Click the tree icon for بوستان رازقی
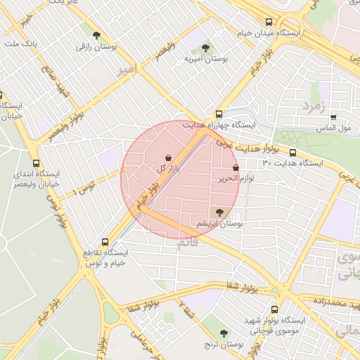pos(96,35)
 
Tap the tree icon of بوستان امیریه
pos(205,48)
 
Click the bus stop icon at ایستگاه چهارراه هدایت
pos(219,113)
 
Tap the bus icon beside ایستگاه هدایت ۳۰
pos(292,153)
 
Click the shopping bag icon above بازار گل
pos(168,157)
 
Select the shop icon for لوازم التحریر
pos(236,168)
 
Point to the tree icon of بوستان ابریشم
pos(219,212)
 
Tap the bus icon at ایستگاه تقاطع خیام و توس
pos(105,240)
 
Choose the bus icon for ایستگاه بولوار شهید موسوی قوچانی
pos(274,309)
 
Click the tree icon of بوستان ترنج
pos(224,333)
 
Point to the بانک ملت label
pos(20,44)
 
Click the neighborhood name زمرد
pos(313,105)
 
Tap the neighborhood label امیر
pos(125,70)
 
